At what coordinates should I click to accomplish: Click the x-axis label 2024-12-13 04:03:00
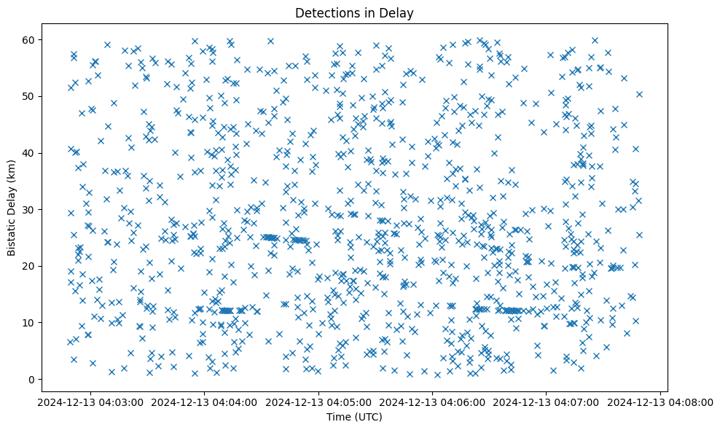click(90, 402)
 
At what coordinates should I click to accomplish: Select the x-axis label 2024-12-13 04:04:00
click(205, 402)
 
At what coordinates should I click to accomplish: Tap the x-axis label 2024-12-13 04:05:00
click(318, 402)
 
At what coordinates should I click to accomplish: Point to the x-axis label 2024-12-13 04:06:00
click(433, 402)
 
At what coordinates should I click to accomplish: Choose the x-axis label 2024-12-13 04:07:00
click(547, 402)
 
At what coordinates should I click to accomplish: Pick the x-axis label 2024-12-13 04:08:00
click(661, 402)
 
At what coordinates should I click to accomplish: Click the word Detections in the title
click(324, 13)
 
